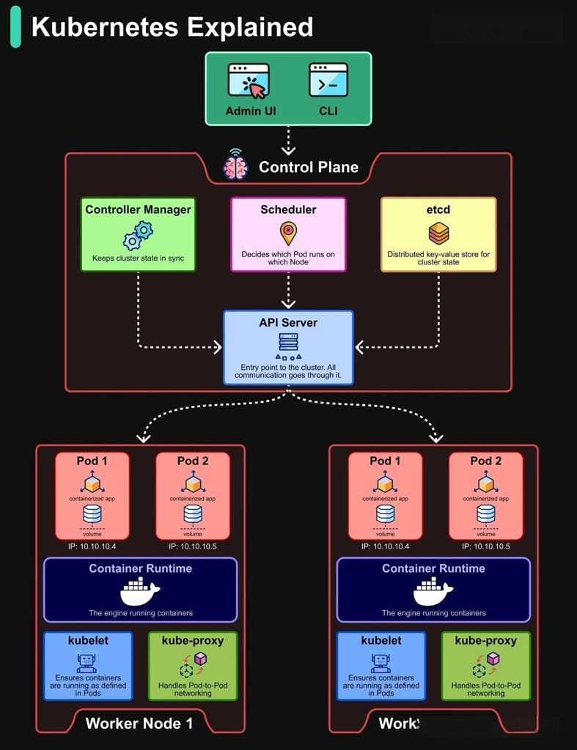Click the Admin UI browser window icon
pos(249,81)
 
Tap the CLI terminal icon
pos(328,81)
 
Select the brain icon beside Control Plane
pos(236,167)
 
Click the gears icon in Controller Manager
pos(138,235)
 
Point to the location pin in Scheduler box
pos(288,234)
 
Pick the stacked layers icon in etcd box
pos(438,234)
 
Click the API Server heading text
pos(288,323)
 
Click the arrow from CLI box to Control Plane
pos(288,139)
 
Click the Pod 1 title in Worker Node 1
pos(92,461)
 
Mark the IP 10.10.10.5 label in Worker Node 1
pos(193,546)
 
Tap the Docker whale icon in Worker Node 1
pos(140,590)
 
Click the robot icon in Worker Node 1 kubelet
pos(88,663)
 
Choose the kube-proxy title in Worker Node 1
pos(193,640)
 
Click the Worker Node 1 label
pos(139,724)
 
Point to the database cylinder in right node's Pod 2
pos(485,514)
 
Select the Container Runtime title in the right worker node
pos(433,568)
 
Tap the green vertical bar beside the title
pos(15,27)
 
